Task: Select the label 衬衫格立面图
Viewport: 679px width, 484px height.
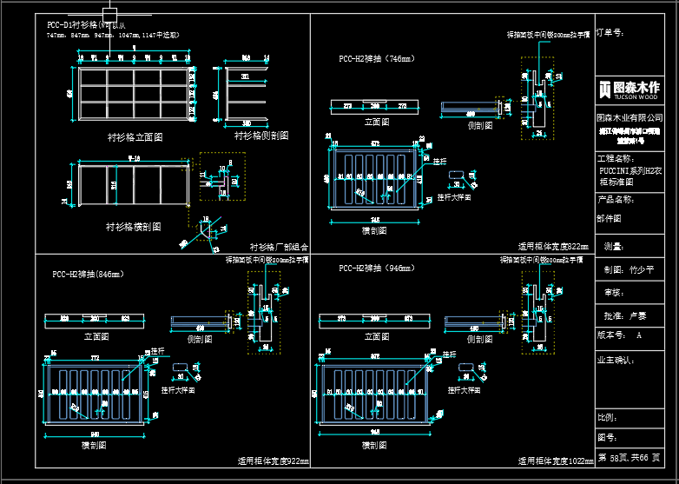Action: (x=135, y=136)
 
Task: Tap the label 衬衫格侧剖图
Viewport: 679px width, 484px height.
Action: (x=261, y=136)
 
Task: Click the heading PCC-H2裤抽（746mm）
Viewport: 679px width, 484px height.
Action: (x=376, y=59)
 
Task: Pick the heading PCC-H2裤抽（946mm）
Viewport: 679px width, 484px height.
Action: (x=376, y=268)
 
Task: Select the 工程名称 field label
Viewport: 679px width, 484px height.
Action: (x=616, y=159)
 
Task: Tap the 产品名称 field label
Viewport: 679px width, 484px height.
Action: (x=616, y=199)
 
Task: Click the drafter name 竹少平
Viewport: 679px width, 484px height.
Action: (x=642, y=270)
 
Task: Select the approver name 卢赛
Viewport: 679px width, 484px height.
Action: (x=637, y=315)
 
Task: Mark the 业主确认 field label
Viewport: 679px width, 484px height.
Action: (x=616, y=358)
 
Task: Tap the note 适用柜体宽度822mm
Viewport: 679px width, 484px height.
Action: (x=553, y=247)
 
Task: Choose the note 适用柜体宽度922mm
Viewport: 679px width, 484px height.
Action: (x=273, y=461)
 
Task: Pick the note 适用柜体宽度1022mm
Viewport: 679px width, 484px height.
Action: (x=556, y=461)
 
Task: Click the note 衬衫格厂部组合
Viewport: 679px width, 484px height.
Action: (x=279, y=247)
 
